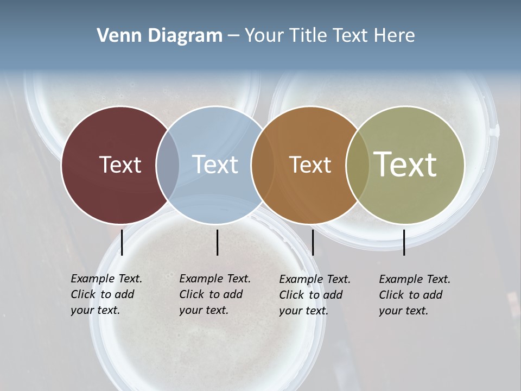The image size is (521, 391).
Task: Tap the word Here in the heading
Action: click(x=393, y=36)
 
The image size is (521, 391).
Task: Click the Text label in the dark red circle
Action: click(x=120, y=165)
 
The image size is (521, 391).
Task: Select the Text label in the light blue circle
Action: click(x=215, y=165)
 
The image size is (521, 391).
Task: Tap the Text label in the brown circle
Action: click(x=310, y=165)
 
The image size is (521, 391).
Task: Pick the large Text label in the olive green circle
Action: click(x=405, y=164)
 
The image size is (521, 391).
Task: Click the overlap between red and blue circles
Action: click(x=168, y=165)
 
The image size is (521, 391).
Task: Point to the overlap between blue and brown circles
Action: click(x=263, y=165)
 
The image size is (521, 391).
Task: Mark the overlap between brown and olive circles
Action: click(x=357, y=165)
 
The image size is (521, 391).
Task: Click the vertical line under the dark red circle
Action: click(x=122, y=242)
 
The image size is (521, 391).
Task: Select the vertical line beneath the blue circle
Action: click(x=217, y=242)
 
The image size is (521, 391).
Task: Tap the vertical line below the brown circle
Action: click(x=313, y=242)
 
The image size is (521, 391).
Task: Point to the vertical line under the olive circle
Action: click(x=404, y=242)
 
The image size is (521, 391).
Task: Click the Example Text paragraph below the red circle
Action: click(x=106, y=294)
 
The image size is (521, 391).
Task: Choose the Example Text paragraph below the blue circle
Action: click(x=215, y=294)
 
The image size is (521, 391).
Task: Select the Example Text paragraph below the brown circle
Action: click(x=315, y=295)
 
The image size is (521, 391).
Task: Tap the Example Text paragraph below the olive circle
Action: click(x=415, y=295)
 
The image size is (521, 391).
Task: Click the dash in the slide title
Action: click(x=233, y=36)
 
